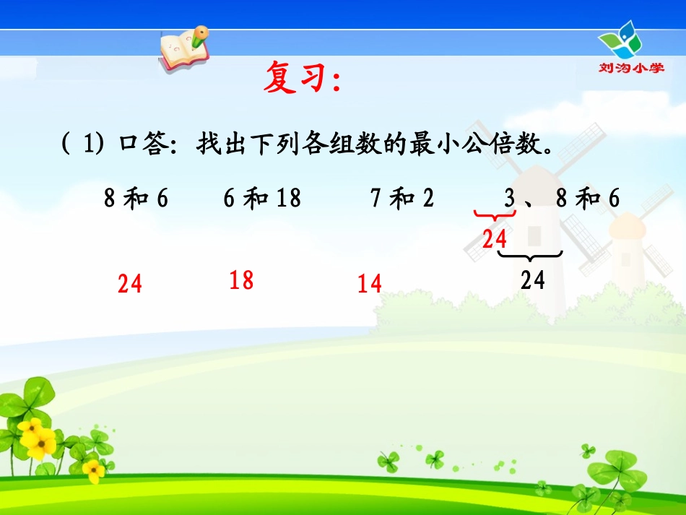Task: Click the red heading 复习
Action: click(300, 78)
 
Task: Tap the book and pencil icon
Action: click(183, 47)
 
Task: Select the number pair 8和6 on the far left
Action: click(136, 198)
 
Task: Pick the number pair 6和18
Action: click(261, 198)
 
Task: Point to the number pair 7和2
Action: click(402, 198)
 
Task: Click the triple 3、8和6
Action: click(561, 198)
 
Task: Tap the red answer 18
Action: click(241, 280)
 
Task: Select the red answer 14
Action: click(369, 283)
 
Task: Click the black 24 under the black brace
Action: click(532, 279)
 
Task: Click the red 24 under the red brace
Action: click(495, 238)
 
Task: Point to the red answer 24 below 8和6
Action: click(130, 284)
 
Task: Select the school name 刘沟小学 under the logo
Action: click(630, 68)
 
